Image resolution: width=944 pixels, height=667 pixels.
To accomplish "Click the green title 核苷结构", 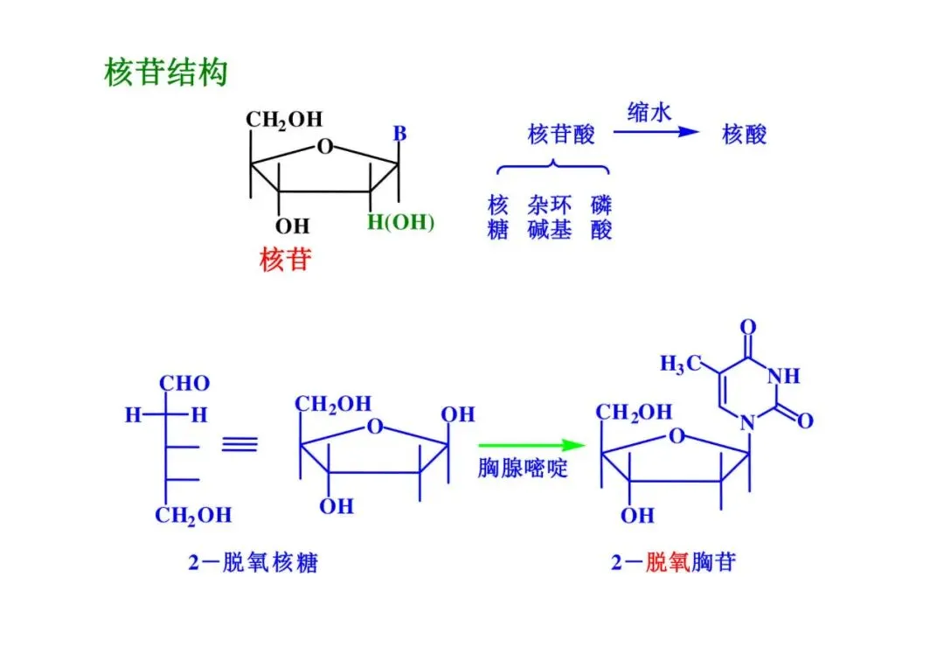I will pyautogui.click(x=165, y=72).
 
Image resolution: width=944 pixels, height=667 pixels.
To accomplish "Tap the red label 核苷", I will pyautogui.click(x=285, y=260).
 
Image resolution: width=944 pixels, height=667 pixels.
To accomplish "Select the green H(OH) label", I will pyautogui.click(x=400, y=222).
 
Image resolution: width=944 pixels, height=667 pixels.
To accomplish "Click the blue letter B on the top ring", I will pyautogui.click(x=399, y=134).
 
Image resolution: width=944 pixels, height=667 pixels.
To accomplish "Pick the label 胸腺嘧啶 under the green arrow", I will pyautogui.click(x=523, y=469).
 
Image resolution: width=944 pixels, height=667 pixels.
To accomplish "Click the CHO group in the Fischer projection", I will pyautogui.click(x=184, y=384).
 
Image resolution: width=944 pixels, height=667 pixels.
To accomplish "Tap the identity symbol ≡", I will pyautogui.click(x=239, y=444).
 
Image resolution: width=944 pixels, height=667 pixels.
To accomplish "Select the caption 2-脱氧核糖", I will pyautogui.click(x=253, y=562).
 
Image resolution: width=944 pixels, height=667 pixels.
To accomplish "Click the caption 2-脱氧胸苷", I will pyautogui.click(x=673, y=562).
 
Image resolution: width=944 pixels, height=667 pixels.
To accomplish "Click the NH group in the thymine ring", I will pyautogui.click(x=783, y=376).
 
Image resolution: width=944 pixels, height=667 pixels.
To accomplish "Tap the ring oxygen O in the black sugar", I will pyautogui.click(x=325, y=145).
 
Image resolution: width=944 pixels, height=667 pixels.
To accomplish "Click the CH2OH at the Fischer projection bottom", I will pyautogui.click(x=193, y=515).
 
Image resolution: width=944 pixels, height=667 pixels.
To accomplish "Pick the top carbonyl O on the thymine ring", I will pyautogui.click(x=747, y=328).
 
